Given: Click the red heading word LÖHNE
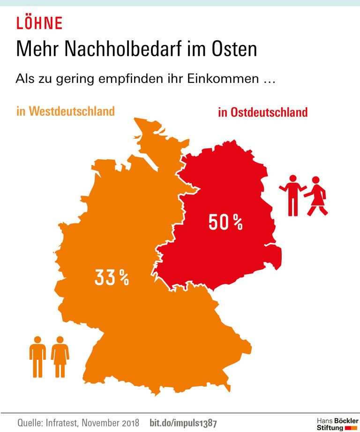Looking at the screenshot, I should click(39, 23).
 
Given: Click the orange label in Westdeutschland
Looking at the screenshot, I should click(66, 112).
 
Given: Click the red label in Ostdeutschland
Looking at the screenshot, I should click(262, 112).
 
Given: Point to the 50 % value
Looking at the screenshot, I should click(225, 223).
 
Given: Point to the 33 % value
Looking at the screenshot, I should click(112, 277).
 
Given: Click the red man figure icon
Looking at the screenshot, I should click(292, 195).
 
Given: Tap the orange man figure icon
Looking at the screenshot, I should click(37, 357).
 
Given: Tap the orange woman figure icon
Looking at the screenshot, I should click(60, 357).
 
